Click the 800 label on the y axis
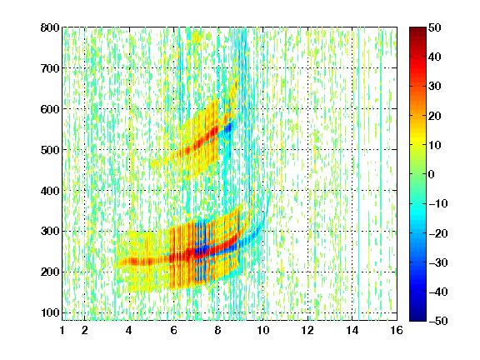(50, 27)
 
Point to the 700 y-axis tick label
(50, 68)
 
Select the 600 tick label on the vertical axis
(50, 109)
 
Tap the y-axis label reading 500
(50, 150)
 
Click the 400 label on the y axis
(50, 191)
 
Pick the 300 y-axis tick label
(50, 231)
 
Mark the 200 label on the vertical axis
(50, 272)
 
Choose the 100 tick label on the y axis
(50, 312)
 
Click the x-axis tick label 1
(62, 330)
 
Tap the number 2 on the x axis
(84, 330)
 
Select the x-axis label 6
(173, 330)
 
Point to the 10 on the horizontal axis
(262, 330)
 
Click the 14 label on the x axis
(352, 330)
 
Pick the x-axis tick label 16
(397, 330)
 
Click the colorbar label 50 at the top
(434, 27)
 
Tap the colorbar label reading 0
(432, 174)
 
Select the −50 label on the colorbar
(438, 321)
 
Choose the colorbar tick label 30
(434, 86)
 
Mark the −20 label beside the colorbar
(438, 233)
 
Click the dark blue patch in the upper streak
(228, 127)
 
